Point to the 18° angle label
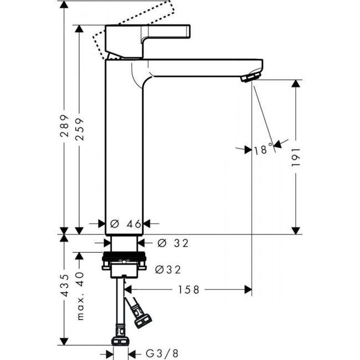pos(263,148)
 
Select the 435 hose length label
pos(64,286)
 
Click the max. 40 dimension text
pos(81,296)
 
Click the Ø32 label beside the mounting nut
pos(168,269)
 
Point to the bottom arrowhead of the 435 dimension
pos(64,341)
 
